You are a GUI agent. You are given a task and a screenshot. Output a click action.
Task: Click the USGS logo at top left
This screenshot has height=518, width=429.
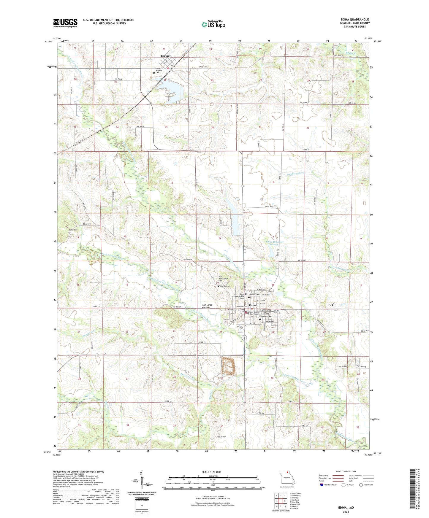tap(65, 23)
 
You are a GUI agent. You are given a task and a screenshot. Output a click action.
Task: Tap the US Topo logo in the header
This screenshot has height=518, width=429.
tap(213, 24)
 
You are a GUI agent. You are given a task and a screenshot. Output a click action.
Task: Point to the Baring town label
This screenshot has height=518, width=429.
tap(165, 56)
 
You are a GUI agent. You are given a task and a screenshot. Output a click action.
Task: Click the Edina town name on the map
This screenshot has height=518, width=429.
tap(253, 305)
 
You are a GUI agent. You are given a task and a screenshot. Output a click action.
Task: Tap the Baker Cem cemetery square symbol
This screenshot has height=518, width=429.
tap(69, 233)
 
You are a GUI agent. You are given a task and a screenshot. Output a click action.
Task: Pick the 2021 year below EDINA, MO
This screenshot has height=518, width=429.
tap(346, 512)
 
